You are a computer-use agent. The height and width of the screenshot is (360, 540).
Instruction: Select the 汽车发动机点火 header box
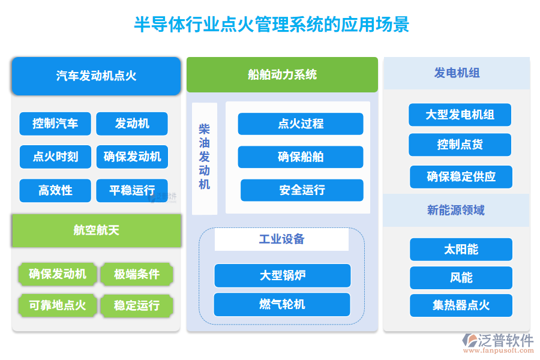tap(96, 76)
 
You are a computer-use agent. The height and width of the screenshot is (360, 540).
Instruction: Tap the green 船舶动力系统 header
tap(282, 74)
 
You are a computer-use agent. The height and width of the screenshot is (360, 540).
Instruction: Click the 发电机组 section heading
tap(457, 73)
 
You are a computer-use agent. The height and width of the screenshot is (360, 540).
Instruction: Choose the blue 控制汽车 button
tap(55, 124)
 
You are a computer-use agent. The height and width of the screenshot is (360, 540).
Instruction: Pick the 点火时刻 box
tap(55, 157)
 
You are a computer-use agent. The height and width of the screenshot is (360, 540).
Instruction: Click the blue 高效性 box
tap(55, 190)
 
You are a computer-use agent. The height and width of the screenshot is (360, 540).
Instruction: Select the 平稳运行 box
tap(132, 190)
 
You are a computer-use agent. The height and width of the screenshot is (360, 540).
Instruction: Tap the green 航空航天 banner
tap(96, 230)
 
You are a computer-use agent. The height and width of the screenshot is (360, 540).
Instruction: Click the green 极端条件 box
tap(137, 274)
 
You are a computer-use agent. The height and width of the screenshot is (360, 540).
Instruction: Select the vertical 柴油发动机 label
tap(205, 157)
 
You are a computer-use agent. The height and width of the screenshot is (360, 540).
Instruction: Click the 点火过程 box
tap(301, 124)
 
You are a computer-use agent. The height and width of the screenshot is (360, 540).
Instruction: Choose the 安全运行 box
tap(302, 190)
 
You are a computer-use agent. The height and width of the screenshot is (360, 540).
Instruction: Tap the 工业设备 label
tap(281, 239)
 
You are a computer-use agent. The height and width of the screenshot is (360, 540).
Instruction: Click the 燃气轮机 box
tap(282, 304)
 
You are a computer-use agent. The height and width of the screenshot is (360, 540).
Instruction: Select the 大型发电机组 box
tap(460, 115)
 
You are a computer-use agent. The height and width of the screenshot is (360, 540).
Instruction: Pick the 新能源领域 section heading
tap(456, 210)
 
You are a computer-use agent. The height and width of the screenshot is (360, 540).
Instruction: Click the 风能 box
tap(461, 278)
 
